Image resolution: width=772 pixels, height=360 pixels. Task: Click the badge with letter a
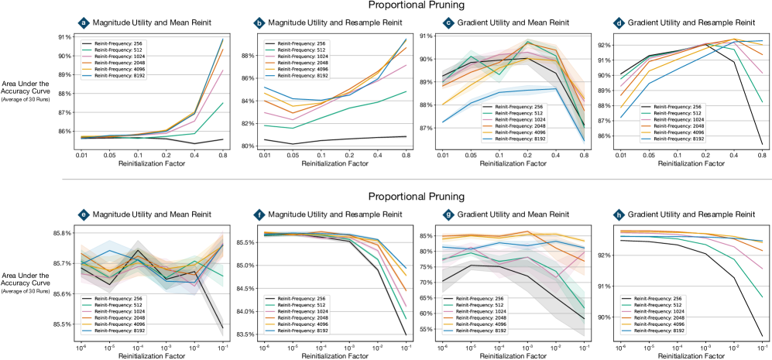point(84,24)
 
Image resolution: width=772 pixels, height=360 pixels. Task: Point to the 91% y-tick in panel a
point(61,36)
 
